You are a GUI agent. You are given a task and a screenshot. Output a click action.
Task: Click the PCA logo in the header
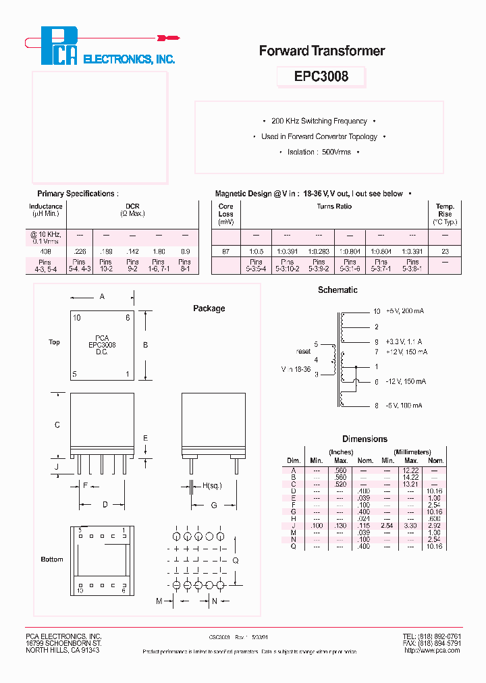click(59, 46)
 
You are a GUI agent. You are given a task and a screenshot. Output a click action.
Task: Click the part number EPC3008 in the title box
click(321, 76)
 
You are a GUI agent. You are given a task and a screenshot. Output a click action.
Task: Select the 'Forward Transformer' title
click(322, 51)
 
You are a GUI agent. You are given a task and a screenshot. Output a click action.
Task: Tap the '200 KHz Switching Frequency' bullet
click(319, 121)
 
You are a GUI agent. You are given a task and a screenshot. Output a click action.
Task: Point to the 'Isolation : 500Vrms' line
click(319, 153)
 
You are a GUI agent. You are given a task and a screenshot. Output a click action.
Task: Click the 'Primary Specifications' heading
click(78, 194)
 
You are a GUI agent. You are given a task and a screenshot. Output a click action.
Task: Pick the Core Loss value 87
click(225, 251)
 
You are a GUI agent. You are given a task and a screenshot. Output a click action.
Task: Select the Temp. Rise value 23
click(445, 251)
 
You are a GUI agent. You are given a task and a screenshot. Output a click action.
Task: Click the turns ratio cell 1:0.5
click(256, 251)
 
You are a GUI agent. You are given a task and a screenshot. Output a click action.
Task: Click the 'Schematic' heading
click(337, 290)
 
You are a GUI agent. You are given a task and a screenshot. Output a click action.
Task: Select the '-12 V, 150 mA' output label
click(405, 382)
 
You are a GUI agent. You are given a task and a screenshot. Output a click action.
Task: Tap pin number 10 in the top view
click(77, 318)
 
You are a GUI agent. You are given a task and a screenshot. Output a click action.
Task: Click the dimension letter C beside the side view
click(57, 425)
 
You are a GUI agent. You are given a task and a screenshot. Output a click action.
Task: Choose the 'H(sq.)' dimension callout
click(212, 485)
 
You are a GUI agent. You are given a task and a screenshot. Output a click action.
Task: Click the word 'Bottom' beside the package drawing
click(52, 559)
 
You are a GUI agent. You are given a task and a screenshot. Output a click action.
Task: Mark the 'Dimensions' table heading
click(364, 439)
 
